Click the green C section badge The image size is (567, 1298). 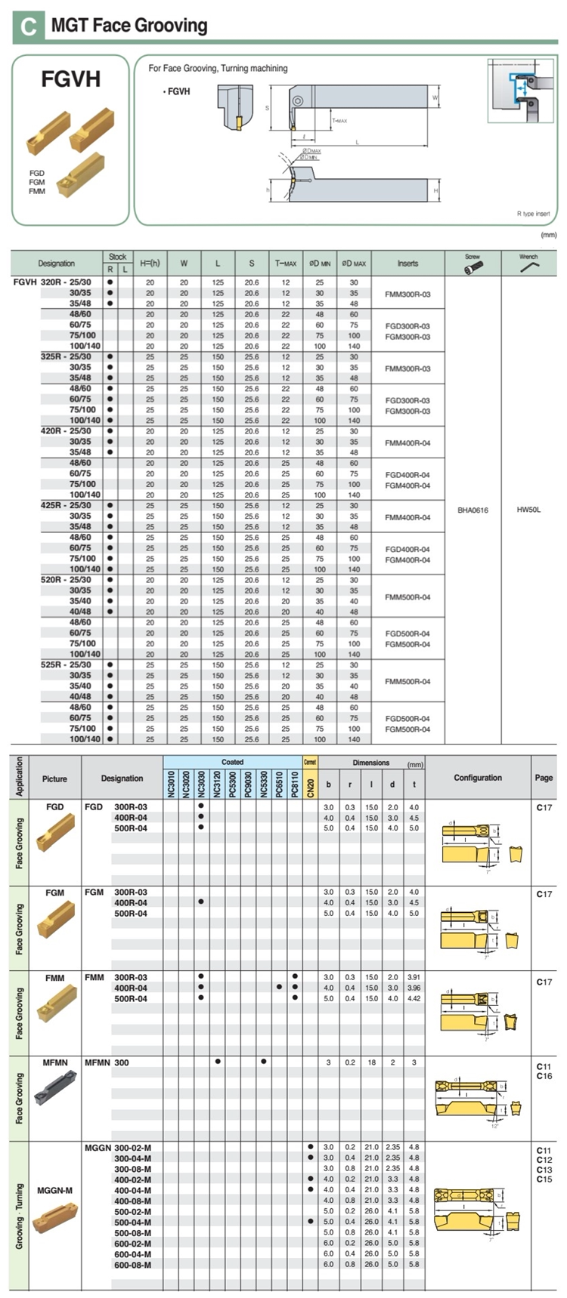pyautogui.click(x=29, y=26)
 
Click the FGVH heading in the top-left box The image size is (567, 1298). pyautogui.click(x=70, y=79)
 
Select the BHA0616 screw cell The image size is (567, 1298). pyautogui.click(x=472, y=510)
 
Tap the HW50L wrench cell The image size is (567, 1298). pyautogui.click(x=528, y=510)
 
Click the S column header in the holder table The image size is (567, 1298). pyautogui.click(x=252, y=264)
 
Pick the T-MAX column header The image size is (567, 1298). pyautogui.click(x=286, y=264)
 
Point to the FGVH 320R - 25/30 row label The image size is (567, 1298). pyautogui.click(x=53, y=282)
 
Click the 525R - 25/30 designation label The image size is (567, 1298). pyautogui.click(x=66, y=665)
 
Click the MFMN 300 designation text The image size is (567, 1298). pyautogui.click(x=107, y=1062)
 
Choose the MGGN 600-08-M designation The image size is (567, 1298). pyautogui.click(x=132, y=1264)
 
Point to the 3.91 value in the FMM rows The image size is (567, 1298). pyautogui.click(x=413, y=977)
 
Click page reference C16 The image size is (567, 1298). pyautogui.click(x=544, y=1076)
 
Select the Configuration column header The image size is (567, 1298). pyautogui.click(x=478, y=778)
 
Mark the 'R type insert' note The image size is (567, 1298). pyautogui.click(x=533, y=214)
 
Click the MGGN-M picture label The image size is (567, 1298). pyautogui.click(x=55, y=1191)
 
